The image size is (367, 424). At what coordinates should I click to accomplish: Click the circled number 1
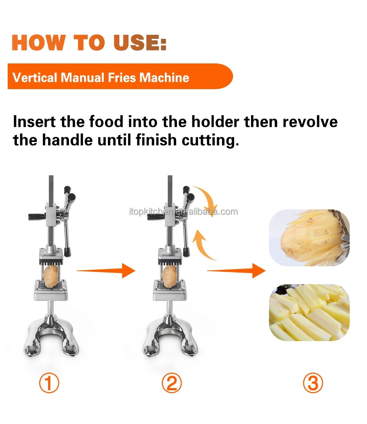pos(49,383)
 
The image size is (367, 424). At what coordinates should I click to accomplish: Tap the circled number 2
pos(172,383)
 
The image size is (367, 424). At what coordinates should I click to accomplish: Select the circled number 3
pos(313,383)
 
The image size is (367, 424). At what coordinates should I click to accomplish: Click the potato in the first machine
pos(50,276)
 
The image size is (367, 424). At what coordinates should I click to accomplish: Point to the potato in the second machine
pos(170,276)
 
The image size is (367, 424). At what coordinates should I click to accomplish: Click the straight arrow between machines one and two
pos(106,270)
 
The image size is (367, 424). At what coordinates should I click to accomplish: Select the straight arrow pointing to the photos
pos(236,270)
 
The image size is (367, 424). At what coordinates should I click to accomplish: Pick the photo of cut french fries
pos(309,312)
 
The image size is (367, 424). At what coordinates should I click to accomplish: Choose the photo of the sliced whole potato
pos(309,238)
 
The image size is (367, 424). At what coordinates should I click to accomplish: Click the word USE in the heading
pos(140,43)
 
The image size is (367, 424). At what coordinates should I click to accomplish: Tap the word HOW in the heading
pos(39,43)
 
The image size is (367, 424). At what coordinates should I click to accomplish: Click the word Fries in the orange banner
pos(122,78)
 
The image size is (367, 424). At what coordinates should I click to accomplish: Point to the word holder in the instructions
pos(215,122)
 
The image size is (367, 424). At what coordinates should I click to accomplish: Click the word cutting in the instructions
pos(210,140)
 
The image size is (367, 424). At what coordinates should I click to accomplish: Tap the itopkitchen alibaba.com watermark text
pos(183,212)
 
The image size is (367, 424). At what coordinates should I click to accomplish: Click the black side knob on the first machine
pos(37,216)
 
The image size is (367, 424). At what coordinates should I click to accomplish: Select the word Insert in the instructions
pos(34,122)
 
